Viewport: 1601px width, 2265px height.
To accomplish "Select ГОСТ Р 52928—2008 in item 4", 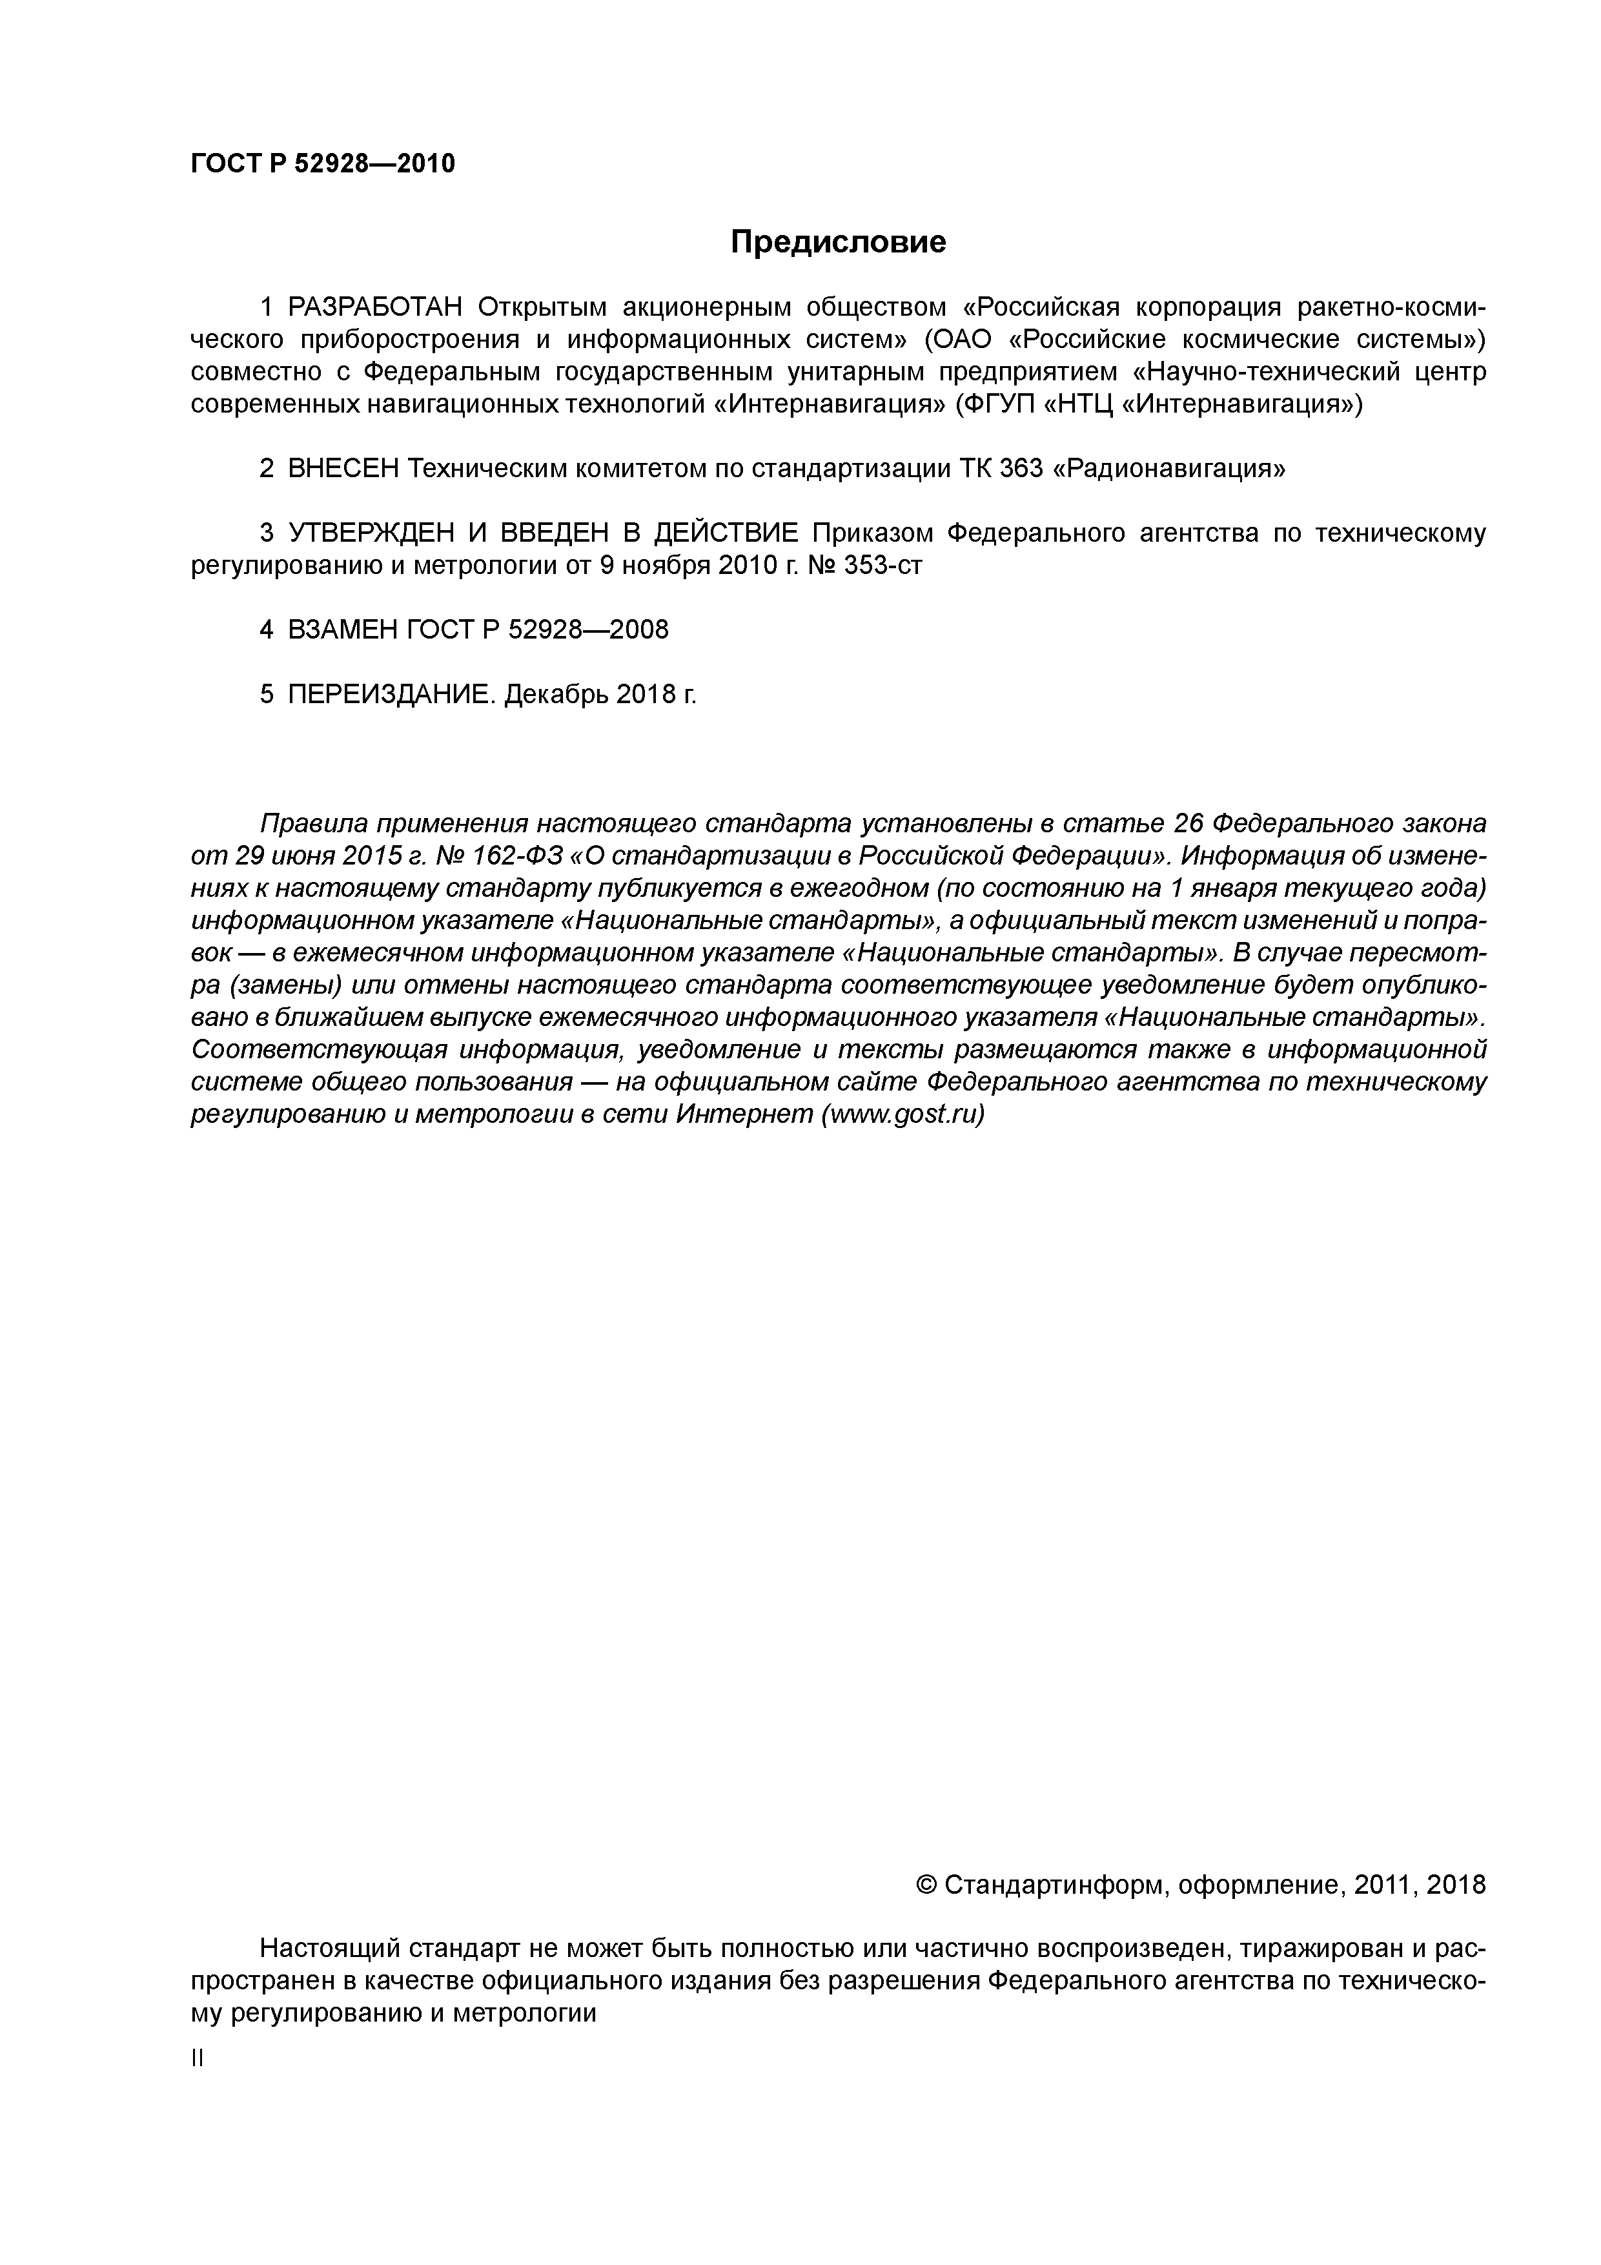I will tap(536, 630).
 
